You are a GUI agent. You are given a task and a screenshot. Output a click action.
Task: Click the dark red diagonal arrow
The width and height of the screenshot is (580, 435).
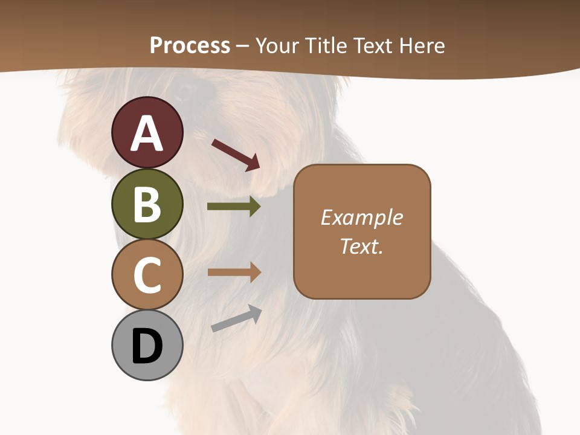coord(235,154)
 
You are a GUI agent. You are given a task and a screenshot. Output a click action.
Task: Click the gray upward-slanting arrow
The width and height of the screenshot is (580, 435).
coord(236,319)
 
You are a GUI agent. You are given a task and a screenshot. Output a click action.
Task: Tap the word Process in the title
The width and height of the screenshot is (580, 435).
coord(190,46)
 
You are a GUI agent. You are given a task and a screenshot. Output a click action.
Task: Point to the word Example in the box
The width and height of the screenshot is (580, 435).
coord(362,217)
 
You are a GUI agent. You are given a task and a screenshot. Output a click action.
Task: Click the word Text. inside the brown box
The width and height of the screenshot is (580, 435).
coord(362,246)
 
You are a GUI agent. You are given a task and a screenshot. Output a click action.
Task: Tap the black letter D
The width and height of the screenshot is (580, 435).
coord(147,346)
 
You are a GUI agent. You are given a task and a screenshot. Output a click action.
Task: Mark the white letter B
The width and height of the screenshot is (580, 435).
coord(147,204)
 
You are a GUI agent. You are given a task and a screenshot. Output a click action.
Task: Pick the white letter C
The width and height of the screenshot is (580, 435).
coord(147,275)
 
